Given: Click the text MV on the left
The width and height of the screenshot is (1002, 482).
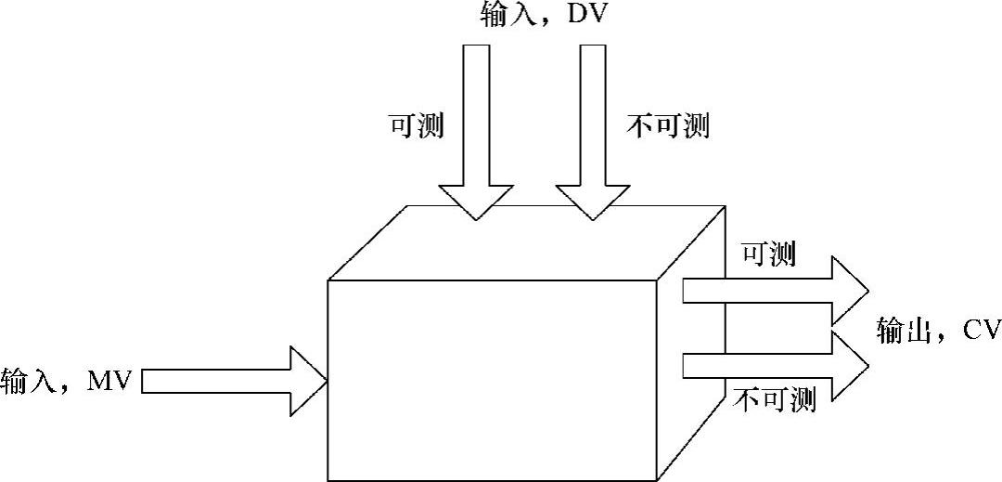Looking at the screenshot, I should (x=111, y=380).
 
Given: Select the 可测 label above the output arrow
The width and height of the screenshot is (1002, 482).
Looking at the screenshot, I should (x=768, y=254).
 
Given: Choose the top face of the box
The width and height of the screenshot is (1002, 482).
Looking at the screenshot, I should (x=529, y=243).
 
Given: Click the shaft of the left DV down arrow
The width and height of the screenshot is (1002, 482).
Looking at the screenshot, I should (x=475, y=111).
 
